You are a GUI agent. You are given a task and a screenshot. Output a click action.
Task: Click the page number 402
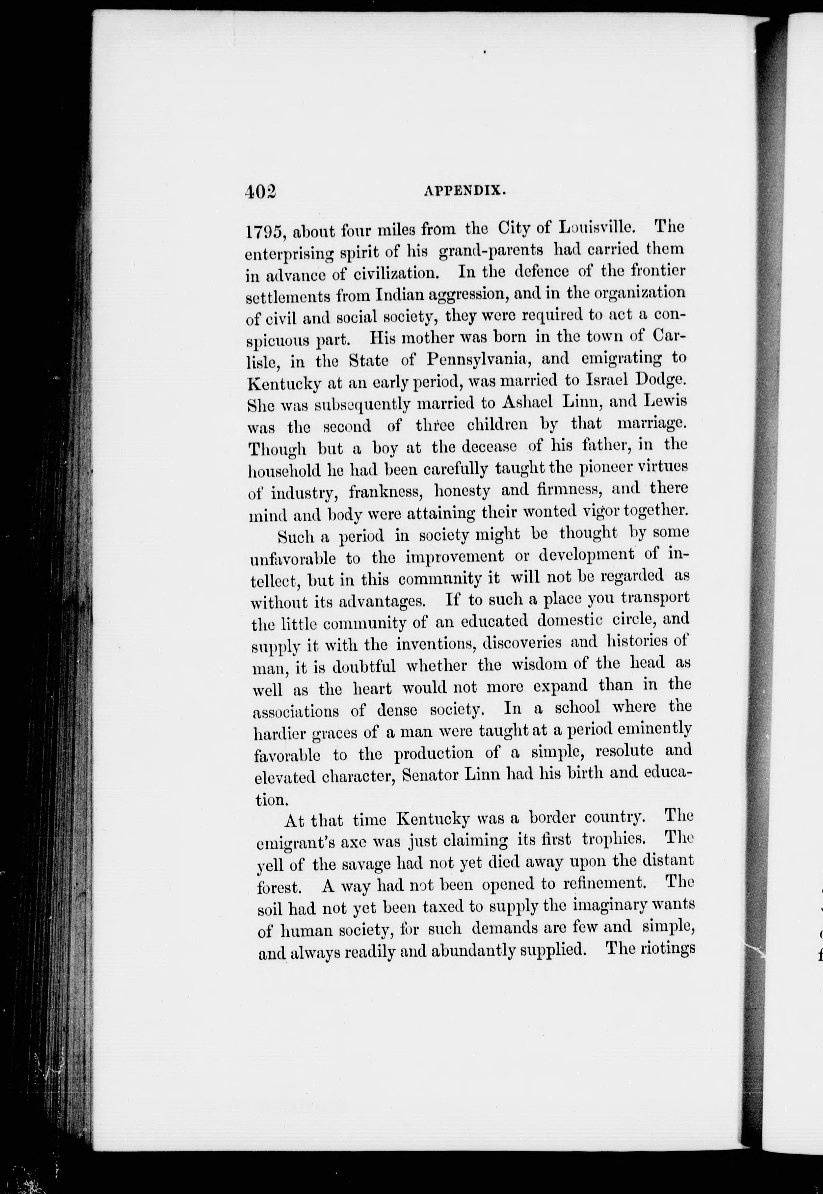[x=261, y=191]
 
